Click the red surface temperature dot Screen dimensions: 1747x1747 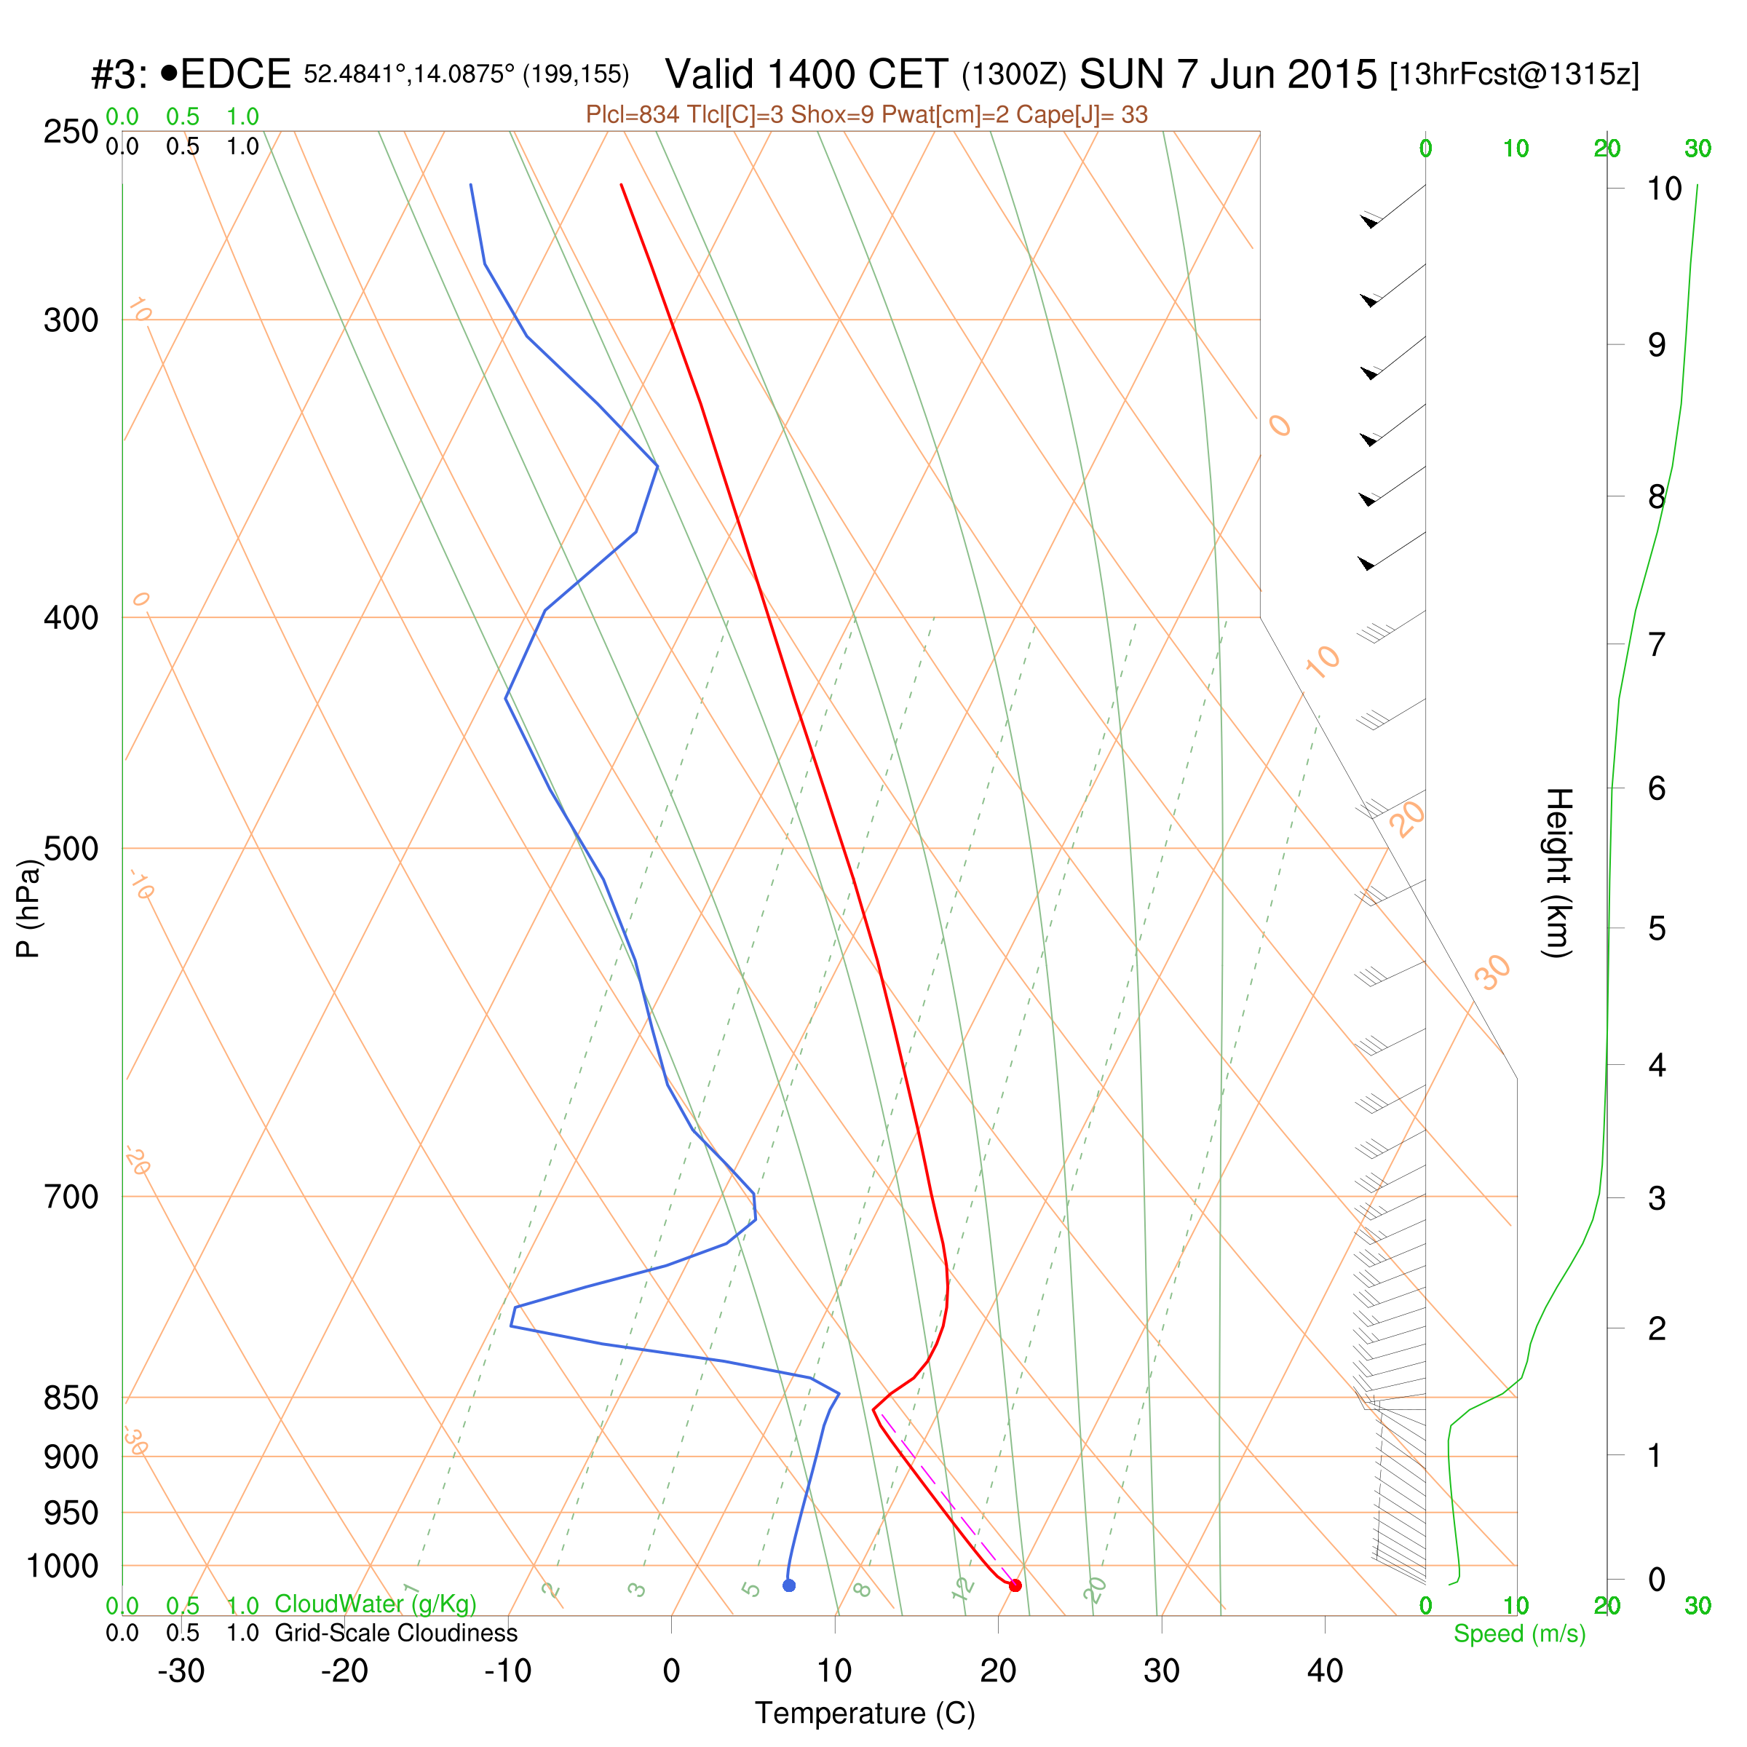pos(1015,1585)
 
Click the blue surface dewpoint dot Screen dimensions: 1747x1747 pos(788,1585)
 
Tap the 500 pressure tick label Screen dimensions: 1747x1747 pos(71,849)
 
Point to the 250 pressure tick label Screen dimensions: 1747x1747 pos(71,132)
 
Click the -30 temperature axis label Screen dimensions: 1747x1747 pos(181,1671)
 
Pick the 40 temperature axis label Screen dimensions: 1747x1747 pos(1325,1671)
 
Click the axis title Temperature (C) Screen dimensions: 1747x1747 pos(865,1714)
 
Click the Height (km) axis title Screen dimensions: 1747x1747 pos(1558,873)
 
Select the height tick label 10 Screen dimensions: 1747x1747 pos(1664,189)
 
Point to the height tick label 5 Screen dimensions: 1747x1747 pos(1656,929)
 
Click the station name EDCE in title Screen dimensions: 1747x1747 pos(235,74)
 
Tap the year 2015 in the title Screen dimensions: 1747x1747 pos(1323,74)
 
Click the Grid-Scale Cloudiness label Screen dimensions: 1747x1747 pos(396,1632)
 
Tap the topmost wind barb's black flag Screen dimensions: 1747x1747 pos(1371,220)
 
